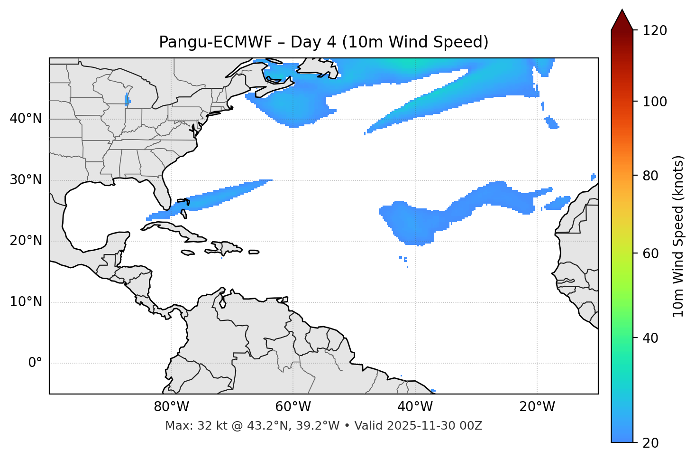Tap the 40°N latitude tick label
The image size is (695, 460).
tap(26, 119)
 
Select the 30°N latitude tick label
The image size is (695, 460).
tap(26, 180)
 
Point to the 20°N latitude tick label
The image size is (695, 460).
tap(26, 241)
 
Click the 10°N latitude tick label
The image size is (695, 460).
tap(26, 302)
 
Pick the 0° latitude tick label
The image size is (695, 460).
tap(35, 363)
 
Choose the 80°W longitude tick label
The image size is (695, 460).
tap(171, 407)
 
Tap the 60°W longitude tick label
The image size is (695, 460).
tap(293, 407)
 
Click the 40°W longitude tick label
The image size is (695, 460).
tap(415, 407)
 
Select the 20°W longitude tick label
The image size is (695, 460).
tap(537, 407)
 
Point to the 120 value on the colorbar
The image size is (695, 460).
tap(655, 31)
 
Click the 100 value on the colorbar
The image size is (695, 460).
tap(655, 102)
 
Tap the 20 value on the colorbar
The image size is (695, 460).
tap(651, 443)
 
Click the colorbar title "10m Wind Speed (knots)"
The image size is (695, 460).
tap(678, 236)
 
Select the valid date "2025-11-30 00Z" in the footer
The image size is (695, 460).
tap(434, 426)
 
